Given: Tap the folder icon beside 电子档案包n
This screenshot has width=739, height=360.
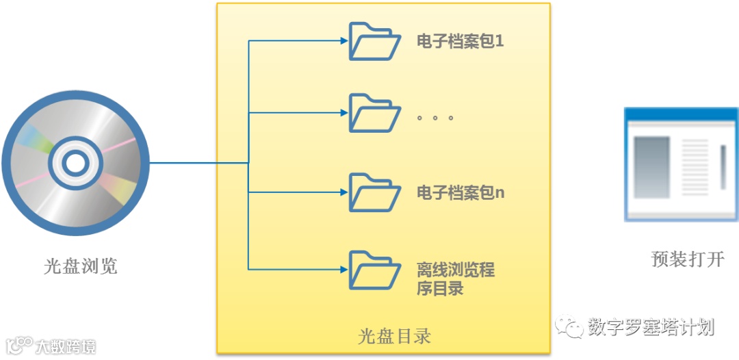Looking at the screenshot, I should point(374,192).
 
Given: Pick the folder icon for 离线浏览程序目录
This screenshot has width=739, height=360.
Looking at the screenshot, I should point(374,270).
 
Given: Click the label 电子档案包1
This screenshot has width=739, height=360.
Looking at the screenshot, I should point(461,42).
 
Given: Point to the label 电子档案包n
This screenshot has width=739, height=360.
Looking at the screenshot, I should point(461,193).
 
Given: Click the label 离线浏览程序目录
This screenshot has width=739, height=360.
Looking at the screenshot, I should point(455,279).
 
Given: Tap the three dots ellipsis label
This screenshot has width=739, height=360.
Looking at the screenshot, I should point(435,118).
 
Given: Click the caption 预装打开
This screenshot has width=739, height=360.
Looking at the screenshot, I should point(688,259).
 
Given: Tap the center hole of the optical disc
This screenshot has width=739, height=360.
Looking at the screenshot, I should point(75,163).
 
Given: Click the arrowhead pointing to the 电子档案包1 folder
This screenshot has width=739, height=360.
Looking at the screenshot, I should point(344,41).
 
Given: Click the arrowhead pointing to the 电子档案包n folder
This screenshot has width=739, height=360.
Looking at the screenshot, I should point(344,192).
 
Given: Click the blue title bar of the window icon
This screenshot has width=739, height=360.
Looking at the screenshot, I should point(681,115).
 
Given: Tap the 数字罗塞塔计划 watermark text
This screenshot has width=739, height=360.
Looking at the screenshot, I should point(651,328).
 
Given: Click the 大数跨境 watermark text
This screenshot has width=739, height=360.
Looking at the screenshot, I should point(66,346).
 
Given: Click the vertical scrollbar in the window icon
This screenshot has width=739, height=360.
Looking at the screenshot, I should point(723,167).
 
